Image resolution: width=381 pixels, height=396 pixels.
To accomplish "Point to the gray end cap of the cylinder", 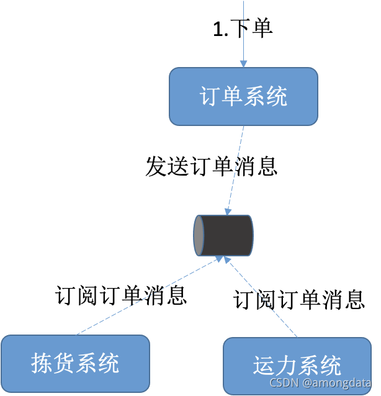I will click(199, 235).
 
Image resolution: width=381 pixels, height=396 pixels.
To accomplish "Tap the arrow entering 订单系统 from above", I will click(244, 31).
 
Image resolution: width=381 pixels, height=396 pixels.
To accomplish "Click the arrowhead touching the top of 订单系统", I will click(244, 63).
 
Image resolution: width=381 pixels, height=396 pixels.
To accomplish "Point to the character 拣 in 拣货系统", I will click(42, 363).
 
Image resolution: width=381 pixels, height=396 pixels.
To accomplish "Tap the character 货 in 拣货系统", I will click(64, 363).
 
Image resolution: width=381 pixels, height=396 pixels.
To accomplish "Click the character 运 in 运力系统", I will click(264, 366).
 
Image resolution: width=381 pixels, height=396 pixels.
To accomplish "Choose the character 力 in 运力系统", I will click(286, 366).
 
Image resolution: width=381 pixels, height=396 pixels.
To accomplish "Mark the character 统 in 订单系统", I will click(277, 97).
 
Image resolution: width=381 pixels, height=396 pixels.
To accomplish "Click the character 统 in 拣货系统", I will click(108, 363).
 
